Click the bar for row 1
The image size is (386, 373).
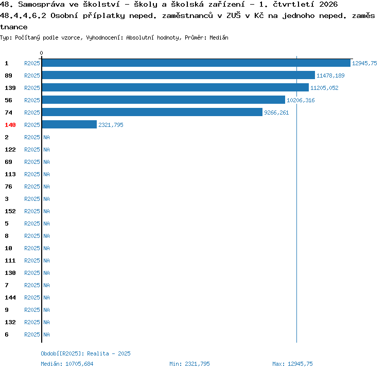click(196, 63)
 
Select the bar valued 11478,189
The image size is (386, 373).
click(179, 75)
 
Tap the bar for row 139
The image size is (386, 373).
click(176, 87)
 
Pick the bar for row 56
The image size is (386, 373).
click(164, 100)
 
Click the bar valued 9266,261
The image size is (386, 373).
click(152, 112)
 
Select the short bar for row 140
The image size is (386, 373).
click(69, 124)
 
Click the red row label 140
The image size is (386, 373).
click(10, 125)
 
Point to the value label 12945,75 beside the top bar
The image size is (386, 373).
click(364, 63)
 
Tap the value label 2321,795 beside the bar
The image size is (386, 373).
click(111, 125)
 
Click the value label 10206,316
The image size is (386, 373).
click(301, 100)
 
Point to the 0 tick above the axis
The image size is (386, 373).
click(41, 53)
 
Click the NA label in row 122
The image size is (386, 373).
click(46, 150)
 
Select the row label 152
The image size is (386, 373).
click(10, 211)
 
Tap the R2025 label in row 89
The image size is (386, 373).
click(32, 76)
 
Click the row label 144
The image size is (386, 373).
click(10, 297)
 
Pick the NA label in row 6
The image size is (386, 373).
click(46, 334)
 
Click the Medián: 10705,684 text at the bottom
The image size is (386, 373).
click(67, 364)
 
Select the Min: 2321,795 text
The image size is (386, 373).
click(189, 364)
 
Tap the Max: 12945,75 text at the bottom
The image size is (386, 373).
click(292, 364)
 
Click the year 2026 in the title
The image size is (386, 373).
click(329, 5)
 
